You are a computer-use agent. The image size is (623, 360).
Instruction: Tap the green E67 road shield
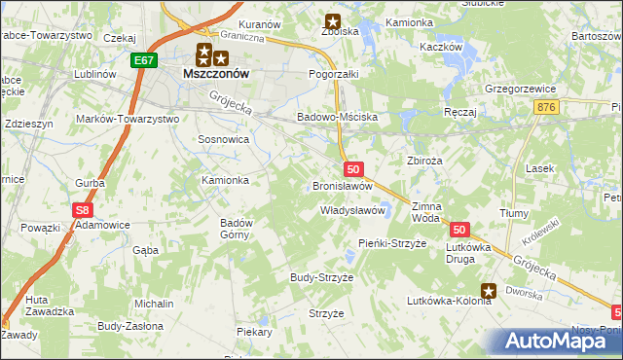(x=144, y=60)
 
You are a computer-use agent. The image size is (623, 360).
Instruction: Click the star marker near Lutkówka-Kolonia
(x=489, y=289)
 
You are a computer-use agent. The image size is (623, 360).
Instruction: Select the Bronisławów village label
(x=343, y=185)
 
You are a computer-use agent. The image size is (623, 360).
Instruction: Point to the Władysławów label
(x=354, y=210)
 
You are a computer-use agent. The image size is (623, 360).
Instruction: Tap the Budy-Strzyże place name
(x=321, y=277)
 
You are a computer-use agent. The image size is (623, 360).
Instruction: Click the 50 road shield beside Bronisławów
(x=353, y=169)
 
